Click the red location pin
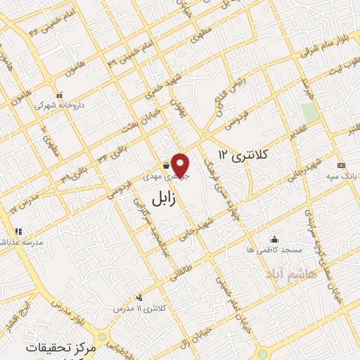[181, 165]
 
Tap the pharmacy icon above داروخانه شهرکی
[59, 95]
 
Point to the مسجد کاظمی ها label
[274, 250]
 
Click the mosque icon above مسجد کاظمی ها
[274, 239]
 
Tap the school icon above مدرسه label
[18, 231]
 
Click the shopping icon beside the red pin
[165, 165]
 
